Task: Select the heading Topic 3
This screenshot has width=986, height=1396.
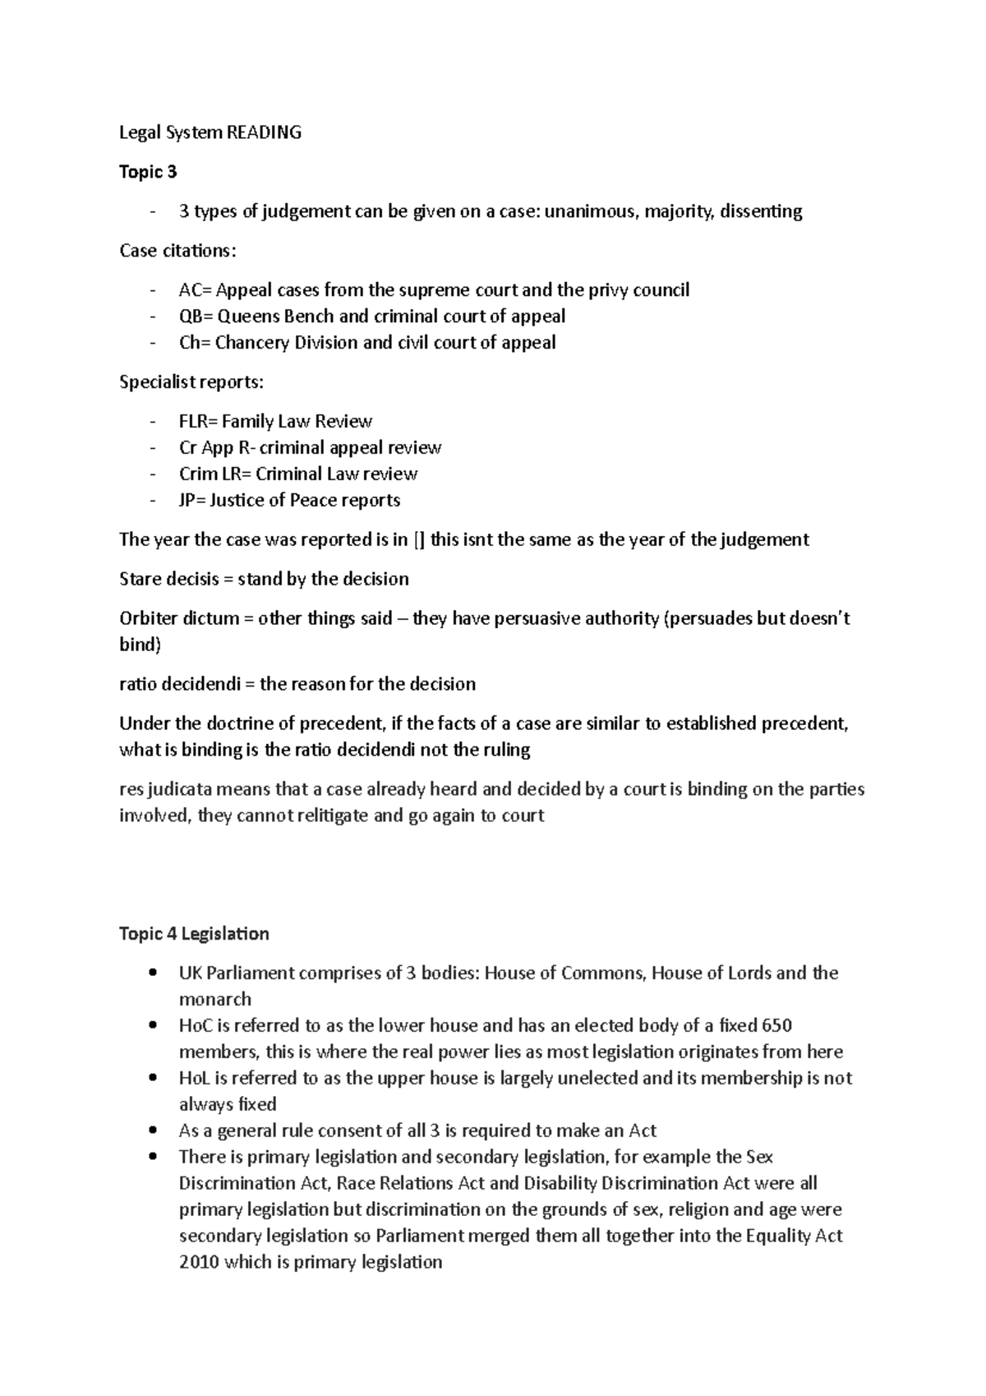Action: pos(148,172)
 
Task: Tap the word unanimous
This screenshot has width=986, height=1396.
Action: pos(590,211)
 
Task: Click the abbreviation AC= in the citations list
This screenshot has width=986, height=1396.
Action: pos(195,290)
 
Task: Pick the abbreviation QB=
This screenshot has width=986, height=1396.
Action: pos(196,317)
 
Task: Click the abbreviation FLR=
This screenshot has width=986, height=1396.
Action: pos(198,422)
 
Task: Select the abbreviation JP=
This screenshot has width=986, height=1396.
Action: pos(191,501)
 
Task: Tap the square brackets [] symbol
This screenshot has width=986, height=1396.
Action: pos(420,540)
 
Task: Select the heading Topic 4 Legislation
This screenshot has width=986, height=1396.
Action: pos(194,934)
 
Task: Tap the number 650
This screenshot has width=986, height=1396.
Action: pos(776,1026)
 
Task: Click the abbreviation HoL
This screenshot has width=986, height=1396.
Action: pos(195,1079)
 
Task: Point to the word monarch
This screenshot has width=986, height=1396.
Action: pos(215,1000)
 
